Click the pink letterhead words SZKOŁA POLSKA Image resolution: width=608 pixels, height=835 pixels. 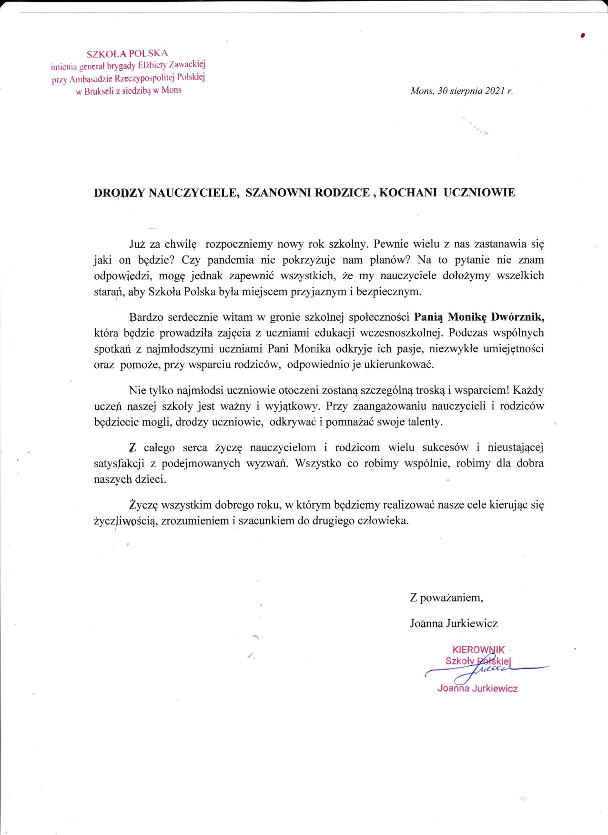(127, 53)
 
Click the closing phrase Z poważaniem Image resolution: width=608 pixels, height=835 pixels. (446, 598)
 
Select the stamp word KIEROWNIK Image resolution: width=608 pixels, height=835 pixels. (478, 650)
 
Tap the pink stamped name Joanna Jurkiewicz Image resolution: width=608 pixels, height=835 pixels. (477, 689)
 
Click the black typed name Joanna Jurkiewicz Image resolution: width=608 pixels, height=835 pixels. (454, 623)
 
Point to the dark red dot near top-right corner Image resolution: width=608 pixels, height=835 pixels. (583, 35)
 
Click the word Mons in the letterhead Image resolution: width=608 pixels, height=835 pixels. (172, 90)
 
